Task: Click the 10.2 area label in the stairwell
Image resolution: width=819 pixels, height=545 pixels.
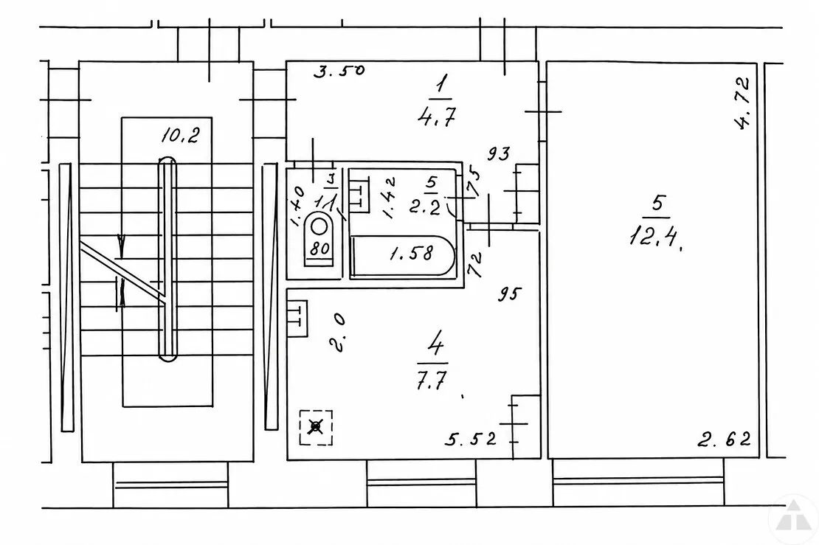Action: (180, 136)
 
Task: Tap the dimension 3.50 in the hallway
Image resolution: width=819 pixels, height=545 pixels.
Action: (339, 71)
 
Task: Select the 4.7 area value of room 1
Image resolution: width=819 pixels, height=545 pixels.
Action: (437, 117)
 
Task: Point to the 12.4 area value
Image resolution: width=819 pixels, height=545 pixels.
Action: (656, 237)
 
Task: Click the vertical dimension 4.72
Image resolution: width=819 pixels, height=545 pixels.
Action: (742, 103)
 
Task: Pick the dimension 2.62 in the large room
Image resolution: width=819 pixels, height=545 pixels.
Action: (725, 440)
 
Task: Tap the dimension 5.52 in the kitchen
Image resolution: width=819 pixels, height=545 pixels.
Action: (471, 439)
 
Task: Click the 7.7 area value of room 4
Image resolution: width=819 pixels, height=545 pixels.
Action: (432, 380)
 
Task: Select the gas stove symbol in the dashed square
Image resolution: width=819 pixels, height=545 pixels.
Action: (316, 427)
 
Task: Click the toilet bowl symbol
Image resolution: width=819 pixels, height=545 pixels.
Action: (319, 228)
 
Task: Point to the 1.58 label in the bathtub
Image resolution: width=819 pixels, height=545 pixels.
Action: (412, 254)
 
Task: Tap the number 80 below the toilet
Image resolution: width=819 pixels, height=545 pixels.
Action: (319, 249)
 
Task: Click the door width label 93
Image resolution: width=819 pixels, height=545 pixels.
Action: (499, 153)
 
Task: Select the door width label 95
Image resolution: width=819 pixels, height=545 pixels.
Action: (509, 294)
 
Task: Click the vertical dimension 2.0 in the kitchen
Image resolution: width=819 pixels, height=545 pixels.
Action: (337, 333)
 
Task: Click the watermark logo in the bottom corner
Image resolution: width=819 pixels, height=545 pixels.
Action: (793, 516)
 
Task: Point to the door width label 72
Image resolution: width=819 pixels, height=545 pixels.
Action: (474, 265)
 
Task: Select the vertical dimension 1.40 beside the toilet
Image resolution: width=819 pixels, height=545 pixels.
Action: (296, 206)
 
